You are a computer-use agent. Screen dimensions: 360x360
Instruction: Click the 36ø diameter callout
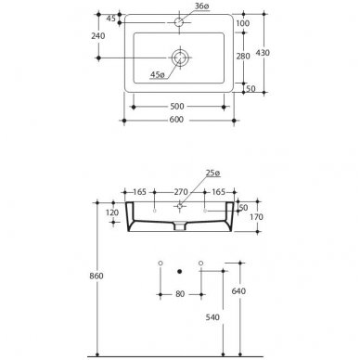201,6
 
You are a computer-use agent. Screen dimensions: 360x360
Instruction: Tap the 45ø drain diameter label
158,74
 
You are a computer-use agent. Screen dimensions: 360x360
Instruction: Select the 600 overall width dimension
176,120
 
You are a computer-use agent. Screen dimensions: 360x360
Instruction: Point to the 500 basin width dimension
177,107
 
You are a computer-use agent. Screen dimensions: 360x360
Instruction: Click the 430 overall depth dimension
263,53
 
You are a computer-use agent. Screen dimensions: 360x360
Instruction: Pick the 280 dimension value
243,57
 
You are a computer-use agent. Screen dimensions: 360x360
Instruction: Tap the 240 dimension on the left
98,36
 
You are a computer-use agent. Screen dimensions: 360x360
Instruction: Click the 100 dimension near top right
242,23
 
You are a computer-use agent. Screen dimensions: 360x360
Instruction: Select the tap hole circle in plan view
179,22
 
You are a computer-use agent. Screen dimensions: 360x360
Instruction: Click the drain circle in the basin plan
179,58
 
